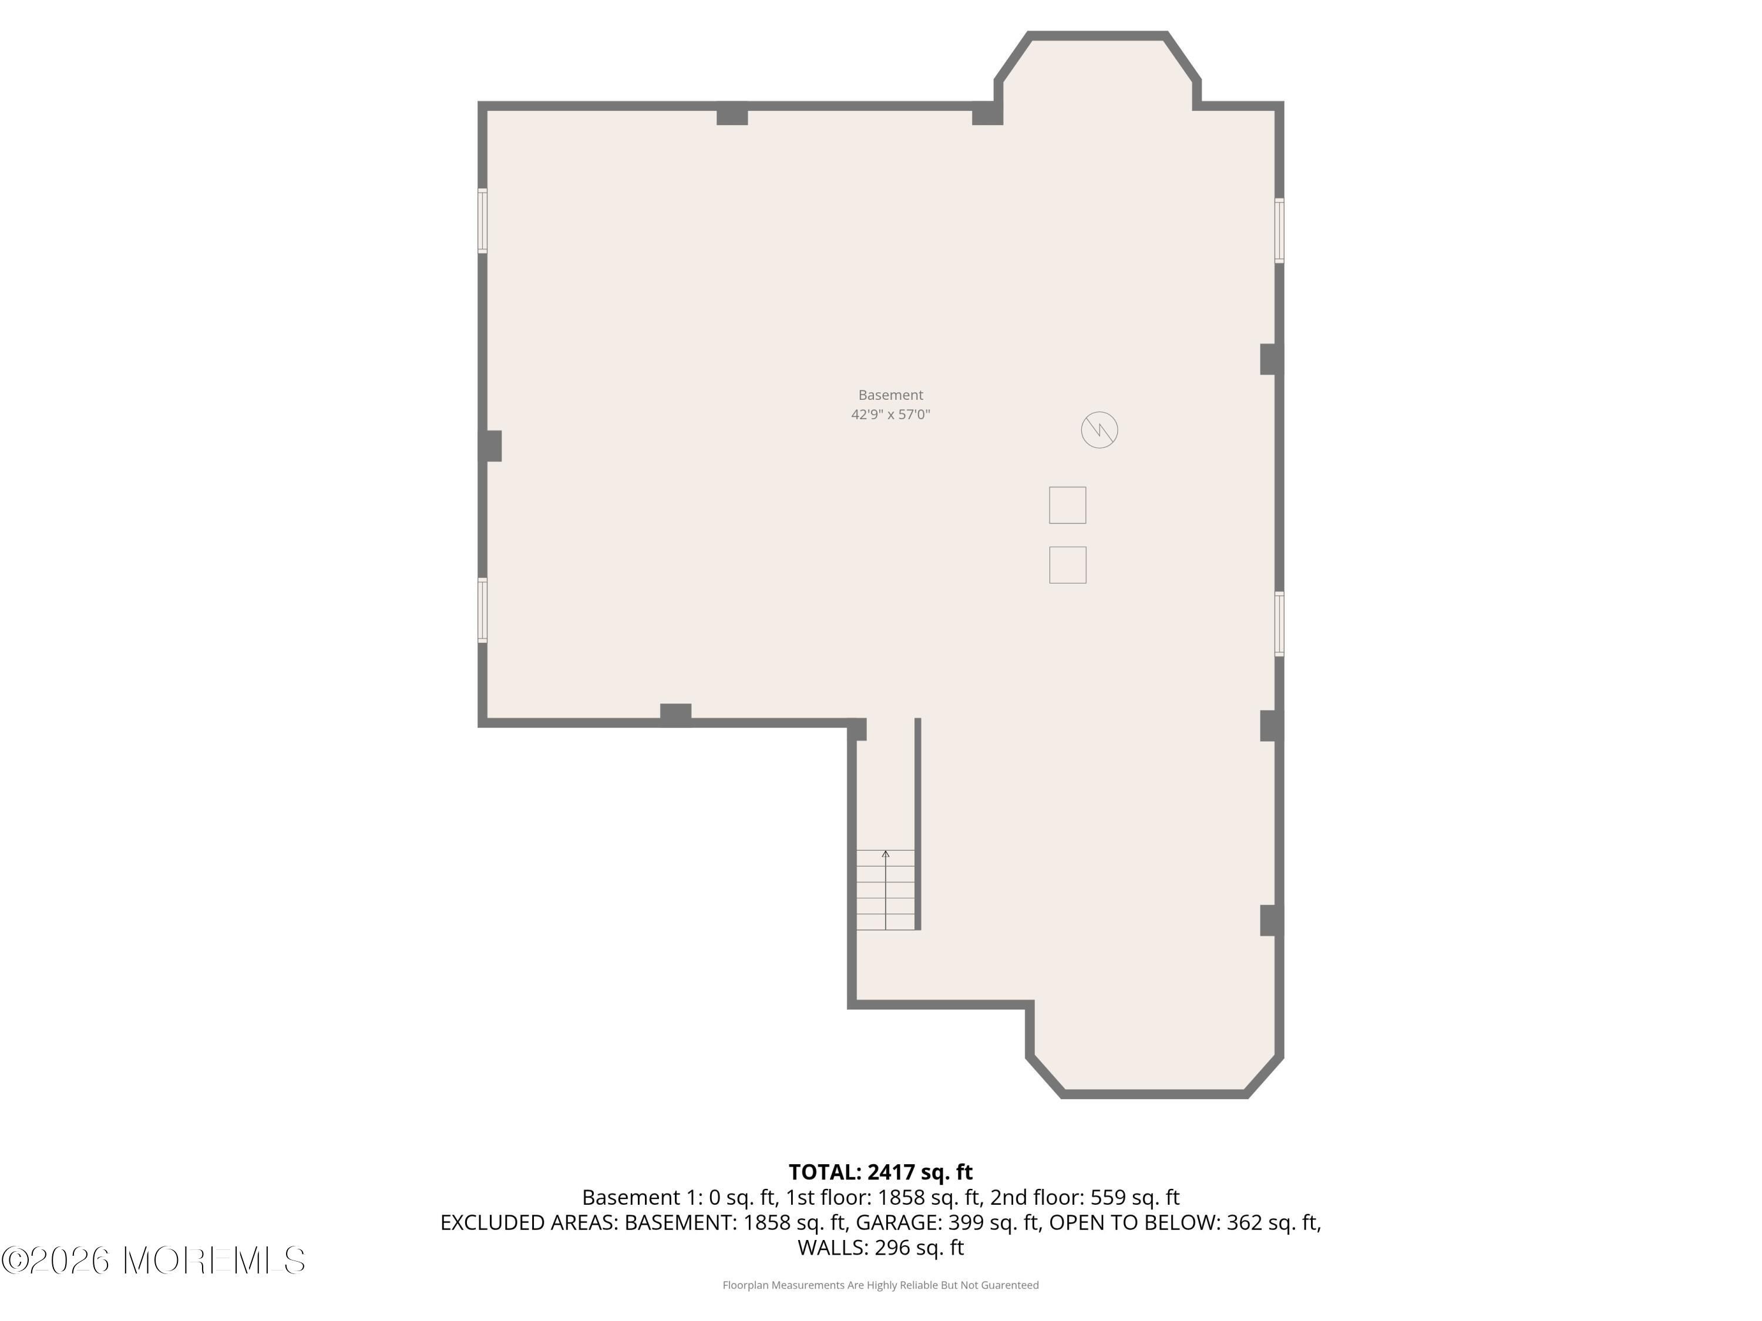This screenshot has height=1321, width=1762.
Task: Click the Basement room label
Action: coord(890,395)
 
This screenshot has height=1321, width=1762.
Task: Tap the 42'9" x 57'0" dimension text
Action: coord(890,414)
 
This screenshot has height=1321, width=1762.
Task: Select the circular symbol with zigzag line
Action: coord(1099,430)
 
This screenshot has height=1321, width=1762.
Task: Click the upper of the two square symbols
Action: coord(1067,505)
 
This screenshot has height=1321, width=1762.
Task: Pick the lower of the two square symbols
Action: coord(1067,565)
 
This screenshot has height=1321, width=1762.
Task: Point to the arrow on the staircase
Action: coord(886,889)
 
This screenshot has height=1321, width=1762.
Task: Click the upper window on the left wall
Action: coord(483,221)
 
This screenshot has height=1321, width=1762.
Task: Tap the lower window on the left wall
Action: coord(483,610)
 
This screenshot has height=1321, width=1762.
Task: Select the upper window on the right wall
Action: coord(1279,230)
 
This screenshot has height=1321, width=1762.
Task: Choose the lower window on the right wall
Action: coord(1279,624)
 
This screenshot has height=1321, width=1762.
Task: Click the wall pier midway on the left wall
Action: coord(490,446)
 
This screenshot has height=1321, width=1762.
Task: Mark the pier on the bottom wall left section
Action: coord(675,715)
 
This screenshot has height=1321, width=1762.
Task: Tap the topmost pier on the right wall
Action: coord(1272,359)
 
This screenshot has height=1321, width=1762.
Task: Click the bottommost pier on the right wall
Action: coord(1272,921)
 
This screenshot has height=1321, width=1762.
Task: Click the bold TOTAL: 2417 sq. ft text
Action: coord(881,1172)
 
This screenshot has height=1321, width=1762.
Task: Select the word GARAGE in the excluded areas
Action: coord(899,1222)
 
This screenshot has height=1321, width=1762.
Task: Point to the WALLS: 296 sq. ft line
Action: coord(881,1247)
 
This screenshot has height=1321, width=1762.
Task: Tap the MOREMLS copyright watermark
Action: coord(153,1261)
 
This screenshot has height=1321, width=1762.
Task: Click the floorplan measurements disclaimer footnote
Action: coord(880,1285)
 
